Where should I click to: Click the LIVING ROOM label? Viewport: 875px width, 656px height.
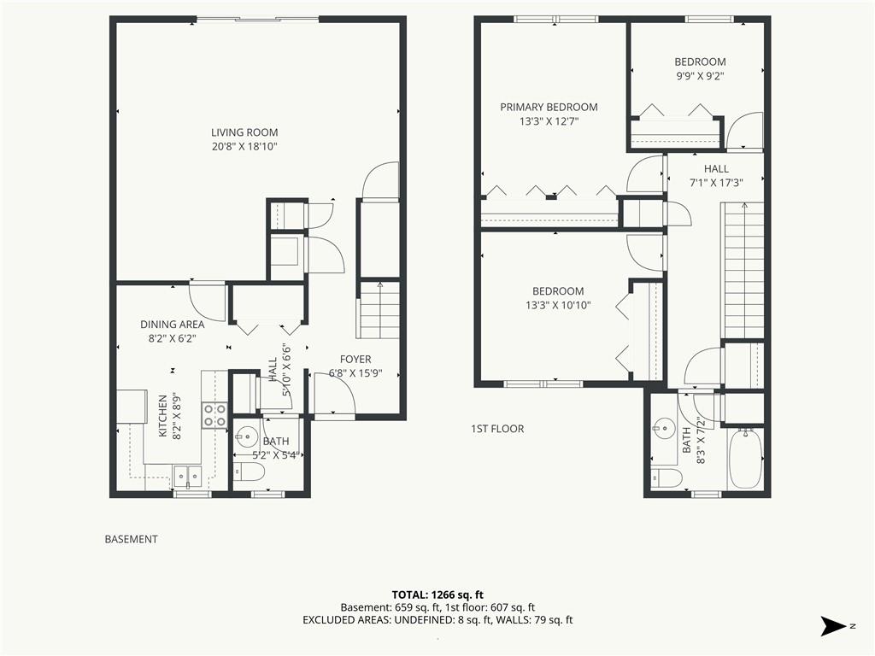pyautogui.click(x=244, y=132)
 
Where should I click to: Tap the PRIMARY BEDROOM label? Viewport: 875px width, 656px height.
pyautogui.click(x=549, y=107)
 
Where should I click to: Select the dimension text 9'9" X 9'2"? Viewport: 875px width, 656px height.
pyautogui.click(x=700, y=76)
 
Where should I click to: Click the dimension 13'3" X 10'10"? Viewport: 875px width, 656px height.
pyautogui.click(x=558, y=305)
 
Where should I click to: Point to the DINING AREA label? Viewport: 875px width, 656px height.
pyautogui.click(x=172, y=324)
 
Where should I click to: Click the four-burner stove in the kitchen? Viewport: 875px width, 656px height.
pyautogui.click(x=214, y=415)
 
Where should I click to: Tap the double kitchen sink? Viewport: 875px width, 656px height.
pyautogui.click(x=187, y=476)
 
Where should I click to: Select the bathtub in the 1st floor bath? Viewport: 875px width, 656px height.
pyautogui.click(x=745, y=459)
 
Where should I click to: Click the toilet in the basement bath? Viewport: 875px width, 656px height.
pyautogui.click(x=249, y=472)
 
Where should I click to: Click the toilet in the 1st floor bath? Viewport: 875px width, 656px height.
pyautogui.click(x=667, y=477)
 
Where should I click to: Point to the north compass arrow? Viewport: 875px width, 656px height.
pyautogui.click(x=834, y=626)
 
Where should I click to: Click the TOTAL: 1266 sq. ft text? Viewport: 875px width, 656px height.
pyautogui.click(x=437, y=594)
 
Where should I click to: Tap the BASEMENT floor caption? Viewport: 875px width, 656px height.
pyautogui.click(x=131, y=540)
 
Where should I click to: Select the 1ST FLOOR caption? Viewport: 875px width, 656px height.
pyautogui.click(x=497, y=429)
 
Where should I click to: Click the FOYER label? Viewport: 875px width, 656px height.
pyautogui.click(x=355, y=360)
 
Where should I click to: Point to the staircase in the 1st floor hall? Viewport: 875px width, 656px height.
pyautogui.click(x=743, y=271)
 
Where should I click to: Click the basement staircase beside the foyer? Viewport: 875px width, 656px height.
pyautogui.click(x=379, y=310)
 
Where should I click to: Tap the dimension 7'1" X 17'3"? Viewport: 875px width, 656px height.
pyautogui.click(x=716, y=183)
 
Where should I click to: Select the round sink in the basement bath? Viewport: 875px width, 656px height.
pyautogui.click(x=247, y=435)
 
